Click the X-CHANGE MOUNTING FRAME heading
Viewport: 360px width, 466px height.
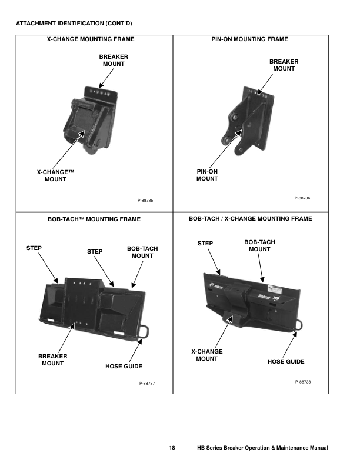(x=94, y=39)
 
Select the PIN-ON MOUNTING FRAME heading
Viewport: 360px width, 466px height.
(x=249, y=39)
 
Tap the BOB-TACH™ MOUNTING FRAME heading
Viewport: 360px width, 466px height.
(x=94, y=219)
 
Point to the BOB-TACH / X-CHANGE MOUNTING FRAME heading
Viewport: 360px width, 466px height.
(x=250, y=218)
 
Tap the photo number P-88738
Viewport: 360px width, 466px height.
(x=302, y=382)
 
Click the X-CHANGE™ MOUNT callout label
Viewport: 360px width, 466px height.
(x=56, y=175)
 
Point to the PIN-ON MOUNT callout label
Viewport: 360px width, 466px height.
(x=207, y=175)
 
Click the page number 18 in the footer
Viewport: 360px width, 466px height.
(x=172, y=448)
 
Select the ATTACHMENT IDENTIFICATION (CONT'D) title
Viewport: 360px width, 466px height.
(x=74, y=24)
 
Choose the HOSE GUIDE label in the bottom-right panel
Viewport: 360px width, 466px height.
(x=286, y=361)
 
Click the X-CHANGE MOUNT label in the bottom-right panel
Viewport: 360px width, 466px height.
(x=207, y=355)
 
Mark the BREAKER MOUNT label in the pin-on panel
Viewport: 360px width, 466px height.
(x=284, y=65)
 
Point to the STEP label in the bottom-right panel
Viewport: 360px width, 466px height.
(x=205, y=243)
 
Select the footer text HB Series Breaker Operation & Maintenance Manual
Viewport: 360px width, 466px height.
(x=262, y=448)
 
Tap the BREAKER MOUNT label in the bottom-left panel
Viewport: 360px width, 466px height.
(x=52, y=360)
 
